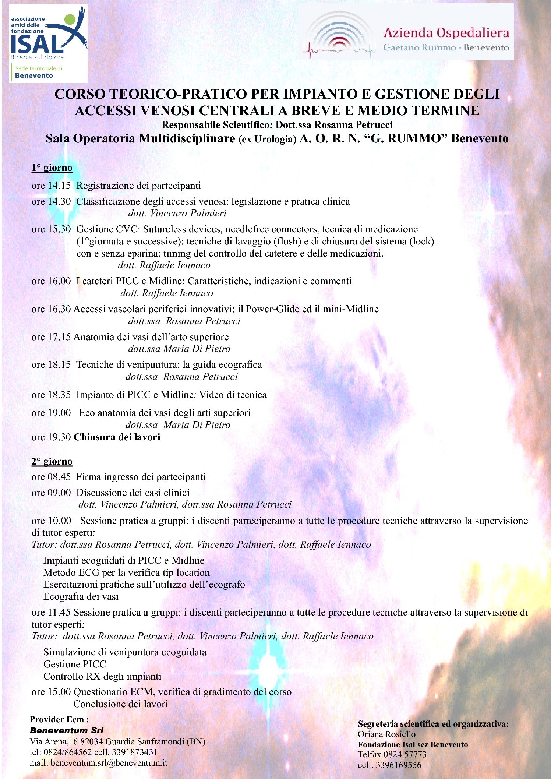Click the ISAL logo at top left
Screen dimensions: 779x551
click(x=48, y=43)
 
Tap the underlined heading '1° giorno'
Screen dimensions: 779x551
click(x=52, y=168)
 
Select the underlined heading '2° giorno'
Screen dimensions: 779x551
click(x=52, y=461)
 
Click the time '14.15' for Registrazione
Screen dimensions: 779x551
click(x=59, y=186)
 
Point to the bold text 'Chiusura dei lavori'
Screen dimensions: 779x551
click(x=117, y=437)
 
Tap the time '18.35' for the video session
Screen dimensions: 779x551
click(x=59, y=395)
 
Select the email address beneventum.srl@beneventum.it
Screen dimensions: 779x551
click(x=109, y=762)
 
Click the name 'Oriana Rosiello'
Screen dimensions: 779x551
click(x=386, y=734)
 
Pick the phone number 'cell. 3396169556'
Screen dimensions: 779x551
click(x=389, y=765)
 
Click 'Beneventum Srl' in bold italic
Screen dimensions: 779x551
click(x=67, y=730)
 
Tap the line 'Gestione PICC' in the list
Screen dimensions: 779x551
click(x=75, y=664)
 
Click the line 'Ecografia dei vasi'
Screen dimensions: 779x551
click(x=81, y=596)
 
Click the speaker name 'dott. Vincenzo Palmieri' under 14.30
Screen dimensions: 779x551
click(x=177, y=213)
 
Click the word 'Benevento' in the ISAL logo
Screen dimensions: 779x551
click(x=34, y=75)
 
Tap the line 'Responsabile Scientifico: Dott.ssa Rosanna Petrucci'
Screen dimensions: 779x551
click(x=277, y=125)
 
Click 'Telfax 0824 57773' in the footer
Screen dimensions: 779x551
click(x=392, y=754)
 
